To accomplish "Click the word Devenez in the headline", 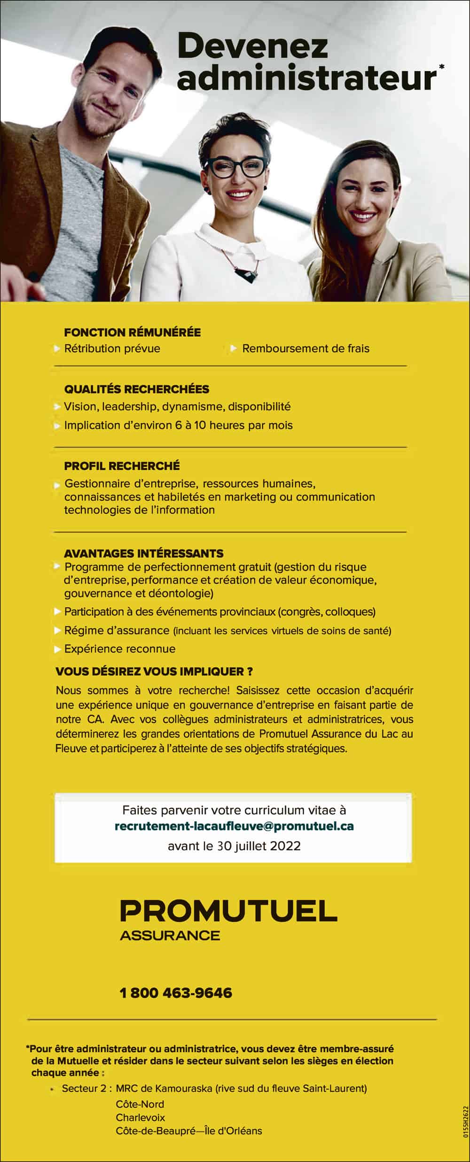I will coord(252,48).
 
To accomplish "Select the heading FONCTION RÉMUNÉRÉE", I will coord(132,333).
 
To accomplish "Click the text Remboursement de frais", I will coord(305,349).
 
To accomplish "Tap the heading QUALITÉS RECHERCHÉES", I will coord(136,389).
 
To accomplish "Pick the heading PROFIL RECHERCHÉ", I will coord(122,466).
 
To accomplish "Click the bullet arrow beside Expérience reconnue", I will coord(57,649).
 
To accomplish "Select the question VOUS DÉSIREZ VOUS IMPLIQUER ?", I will coord(154,671).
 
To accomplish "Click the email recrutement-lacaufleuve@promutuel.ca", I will coord(234,826).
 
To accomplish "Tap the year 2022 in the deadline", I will coord(285,846).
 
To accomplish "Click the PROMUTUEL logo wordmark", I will coord(229,911).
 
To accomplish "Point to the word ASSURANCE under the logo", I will coord(170,936).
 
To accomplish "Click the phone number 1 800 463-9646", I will coord(176,993).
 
